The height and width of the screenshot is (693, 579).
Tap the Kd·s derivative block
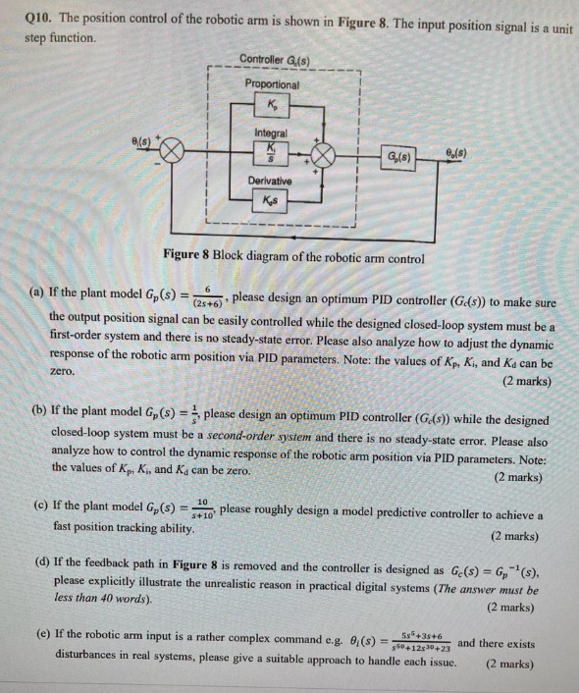click(x=271, y=202)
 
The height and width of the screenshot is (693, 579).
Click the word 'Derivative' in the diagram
click(x=272, y=182)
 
